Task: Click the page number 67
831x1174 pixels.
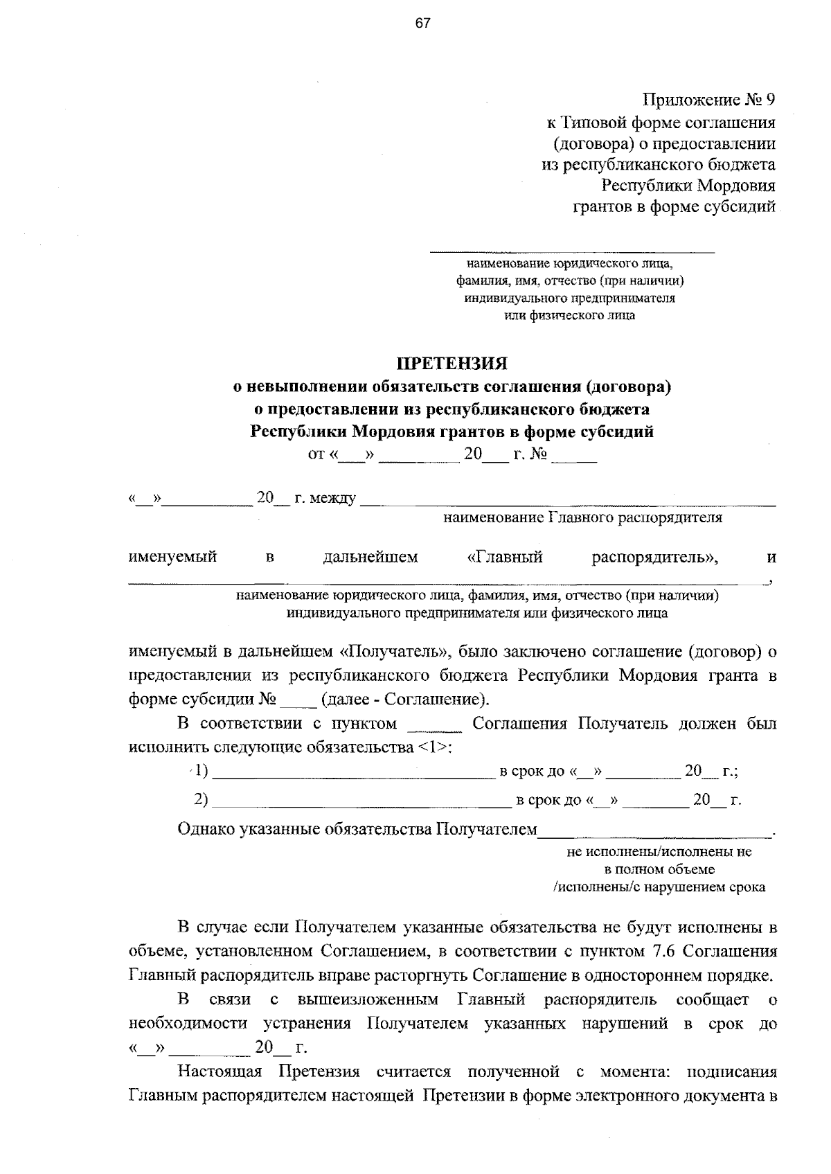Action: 422,24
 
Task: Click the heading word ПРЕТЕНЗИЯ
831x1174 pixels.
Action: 452,363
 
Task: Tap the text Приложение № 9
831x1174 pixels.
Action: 708,100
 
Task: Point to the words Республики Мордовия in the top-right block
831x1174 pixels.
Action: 688,185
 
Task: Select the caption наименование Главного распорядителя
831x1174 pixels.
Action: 582,517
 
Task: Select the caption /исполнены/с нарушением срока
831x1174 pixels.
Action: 659,887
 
